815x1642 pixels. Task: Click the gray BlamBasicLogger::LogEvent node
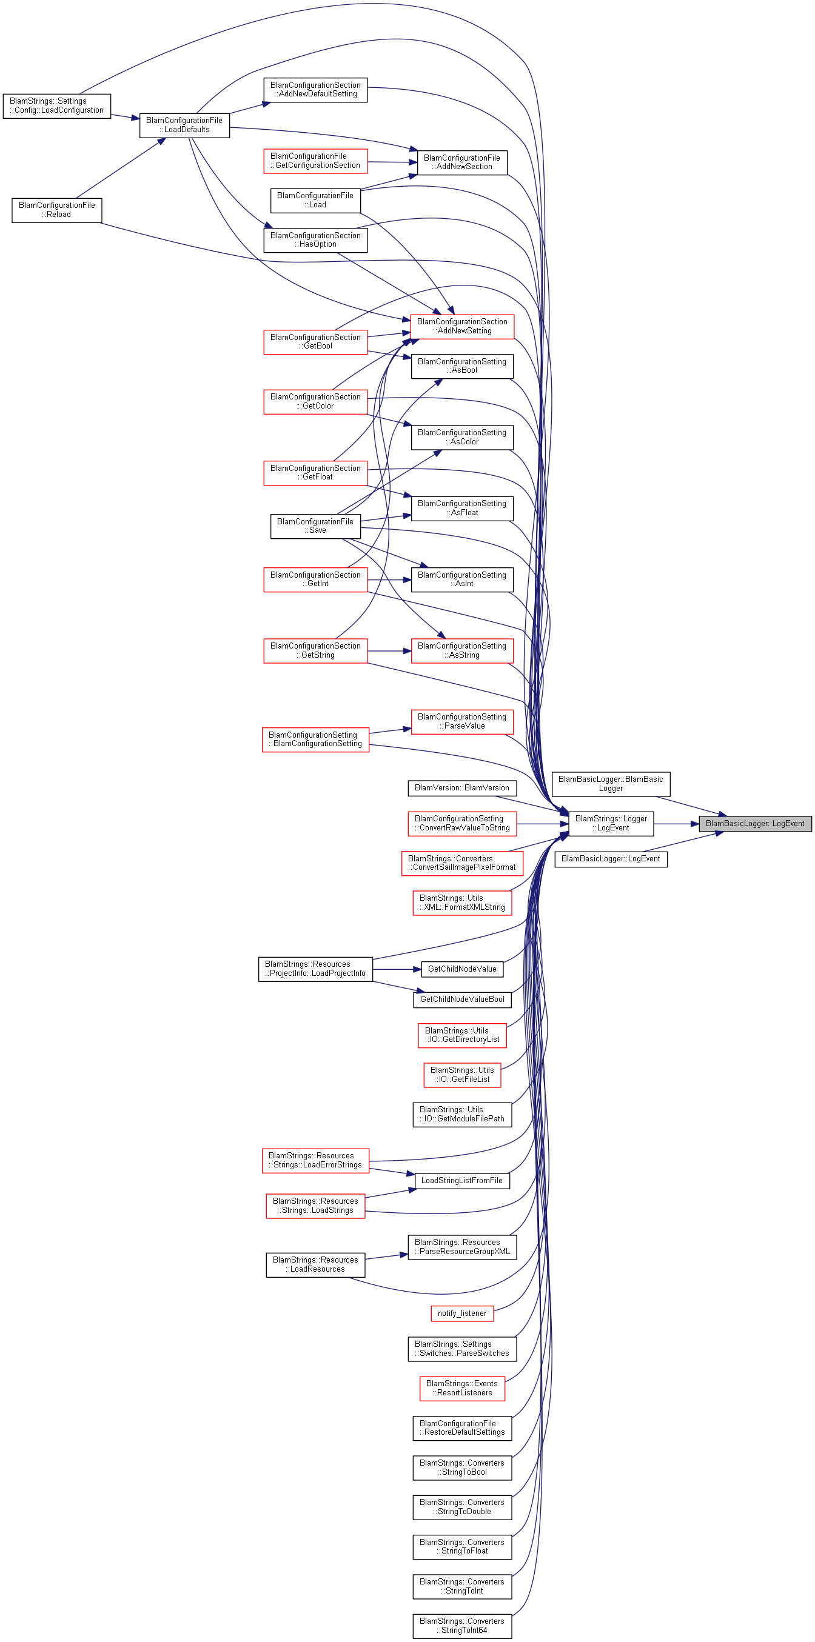point(755,824)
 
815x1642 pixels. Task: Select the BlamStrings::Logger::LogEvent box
point(611,824)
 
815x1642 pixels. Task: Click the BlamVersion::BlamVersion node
point(461,788)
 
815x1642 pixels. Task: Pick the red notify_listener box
point(461,1313)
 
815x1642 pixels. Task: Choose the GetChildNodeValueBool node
point(461,1000)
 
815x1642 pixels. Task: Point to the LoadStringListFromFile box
point(461,1181)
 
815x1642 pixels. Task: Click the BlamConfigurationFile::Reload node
point(57,210)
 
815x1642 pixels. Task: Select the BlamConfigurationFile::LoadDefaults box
point(184,125)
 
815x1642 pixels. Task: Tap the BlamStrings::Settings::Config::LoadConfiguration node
point(57,106)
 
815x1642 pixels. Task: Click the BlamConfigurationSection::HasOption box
point(315,239)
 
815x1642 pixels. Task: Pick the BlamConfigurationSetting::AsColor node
point(461,437)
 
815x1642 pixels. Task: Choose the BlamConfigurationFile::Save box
point(315,526)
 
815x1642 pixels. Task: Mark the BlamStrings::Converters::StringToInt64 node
point(461,1626)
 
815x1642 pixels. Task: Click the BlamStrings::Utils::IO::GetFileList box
point(461,1075)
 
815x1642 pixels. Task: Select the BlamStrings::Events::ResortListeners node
point(461,1388)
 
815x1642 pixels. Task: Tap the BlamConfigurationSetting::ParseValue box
point(461,721)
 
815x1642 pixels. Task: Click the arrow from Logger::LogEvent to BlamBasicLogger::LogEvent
point(676,824)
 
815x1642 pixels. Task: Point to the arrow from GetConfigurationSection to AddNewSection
point(392,162)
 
